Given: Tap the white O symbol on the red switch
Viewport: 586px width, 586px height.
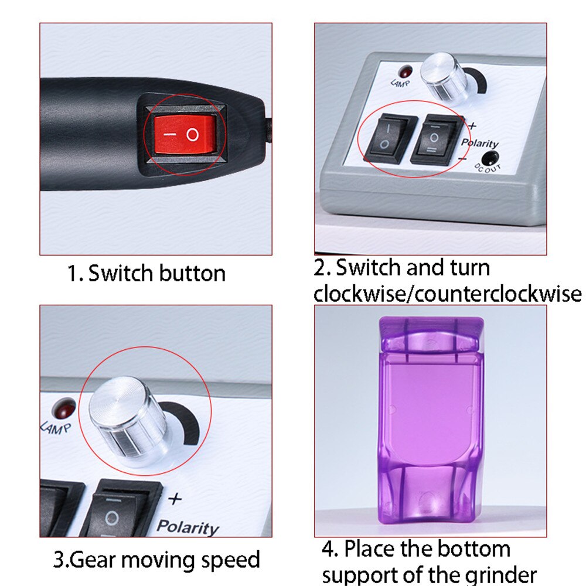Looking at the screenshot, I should (x=193, y=135).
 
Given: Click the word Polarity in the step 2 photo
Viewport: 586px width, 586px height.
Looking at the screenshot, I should (x=480, y=143).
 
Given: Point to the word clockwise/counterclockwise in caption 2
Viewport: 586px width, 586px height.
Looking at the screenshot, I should (x=448, y=293).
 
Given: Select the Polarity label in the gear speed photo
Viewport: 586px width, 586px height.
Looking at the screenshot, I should (x=188, y=527).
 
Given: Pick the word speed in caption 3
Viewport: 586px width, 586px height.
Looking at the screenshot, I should (x=230, y=559).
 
